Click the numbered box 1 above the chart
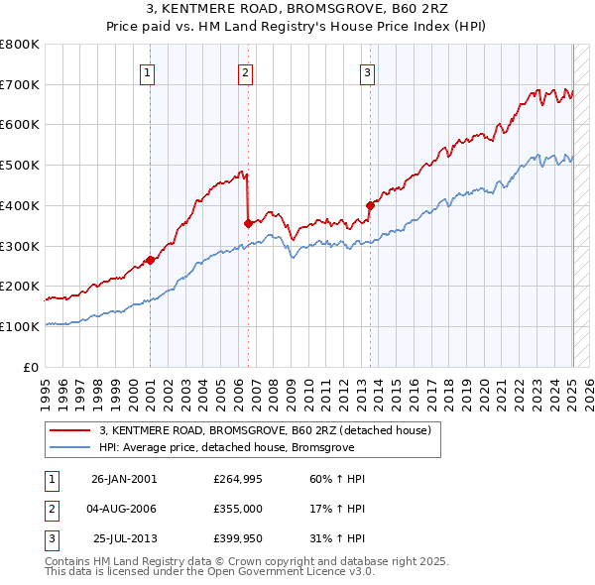pos(147,71)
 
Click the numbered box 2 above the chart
pos(245,71)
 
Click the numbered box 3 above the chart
pos(367,71)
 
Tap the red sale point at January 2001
pos(150,261)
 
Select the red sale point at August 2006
pos(247,224)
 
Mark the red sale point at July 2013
pos(370,206)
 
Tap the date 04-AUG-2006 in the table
pos(123,509)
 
